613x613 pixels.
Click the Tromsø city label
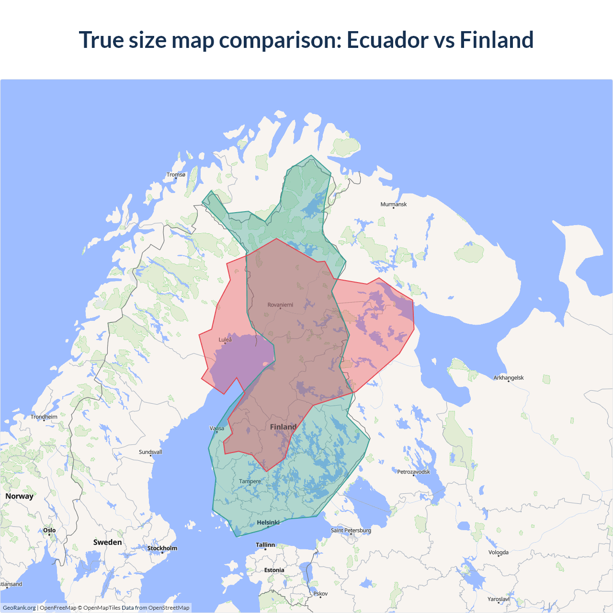coord(176,175)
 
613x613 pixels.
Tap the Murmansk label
coord(393,204)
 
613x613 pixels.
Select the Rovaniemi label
coord(280,305)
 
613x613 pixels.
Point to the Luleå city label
coord(225,340)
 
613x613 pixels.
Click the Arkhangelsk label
coord(509,378)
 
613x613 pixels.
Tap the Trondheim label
coord(44,417)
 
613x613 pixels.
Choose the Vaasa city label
coord(217,429)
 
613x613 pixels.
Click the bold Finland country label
coord(283,427)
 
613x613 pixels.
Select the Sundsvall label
coord(150,452)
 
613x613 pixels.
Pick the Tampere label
coord(250,481)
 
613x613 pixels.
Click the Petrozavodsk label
coord(413,472)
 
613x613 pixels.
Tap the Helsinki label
coord(268,522)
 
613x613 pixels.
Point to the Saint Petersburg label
coord(351,530)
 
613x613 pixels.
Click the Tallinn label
coord(265,545)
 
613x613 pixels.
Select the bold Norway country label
coord(19,496)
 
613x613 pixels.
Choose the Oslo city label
coord(49,530)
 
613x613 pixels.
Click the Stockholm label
coord(162,548)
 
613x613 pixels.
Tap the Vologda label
coord(499,553)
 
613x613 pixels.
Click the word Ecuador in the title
coord(387,40)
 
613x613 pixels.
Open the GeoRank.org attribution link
coord(19,608)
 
